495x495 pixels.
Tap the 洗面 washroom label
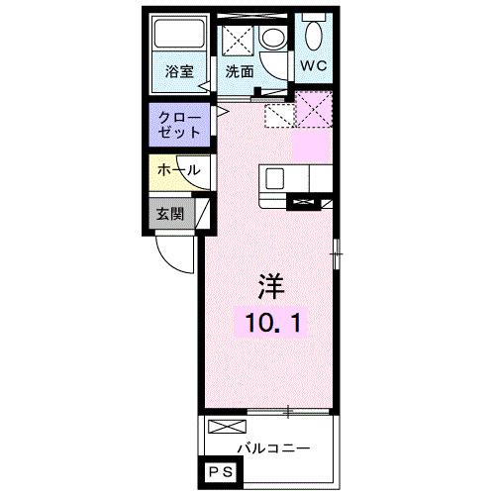[x=240, y=71]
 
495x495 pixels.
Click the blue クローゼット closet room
[x=179, y=125]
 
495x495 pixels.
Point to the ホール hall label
[x=179, y=170]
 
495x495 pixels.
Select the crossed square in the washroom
[x=239, y=40]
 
